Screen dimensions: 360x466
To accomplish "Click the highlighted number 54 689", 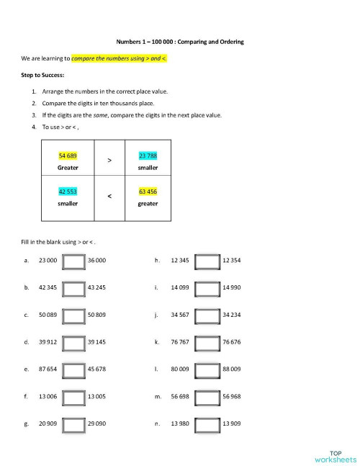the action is coord(68,156).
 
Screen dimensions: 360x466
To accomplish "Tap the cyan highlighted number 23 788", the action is coord(148,156).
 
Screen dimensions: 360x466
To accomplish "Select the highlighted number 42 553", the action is coord(68,192).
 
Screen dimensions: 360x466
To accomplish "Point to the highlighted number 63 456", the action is coord(148,192).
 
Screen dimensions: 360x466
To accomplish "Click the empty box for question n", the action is coord(209,424).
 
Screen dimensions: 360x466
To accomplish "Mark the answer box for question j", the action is coord(209,315).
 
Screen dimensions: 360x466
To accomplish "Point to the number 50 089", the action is coord(48,315).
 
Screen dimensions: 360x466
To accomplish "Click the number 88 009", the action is coord(232,369).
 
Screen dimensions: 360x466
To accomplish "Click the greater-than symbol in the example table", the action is coord(109,160).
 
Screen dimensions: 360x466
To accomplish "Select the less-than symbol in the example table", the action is coord(109,196).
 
